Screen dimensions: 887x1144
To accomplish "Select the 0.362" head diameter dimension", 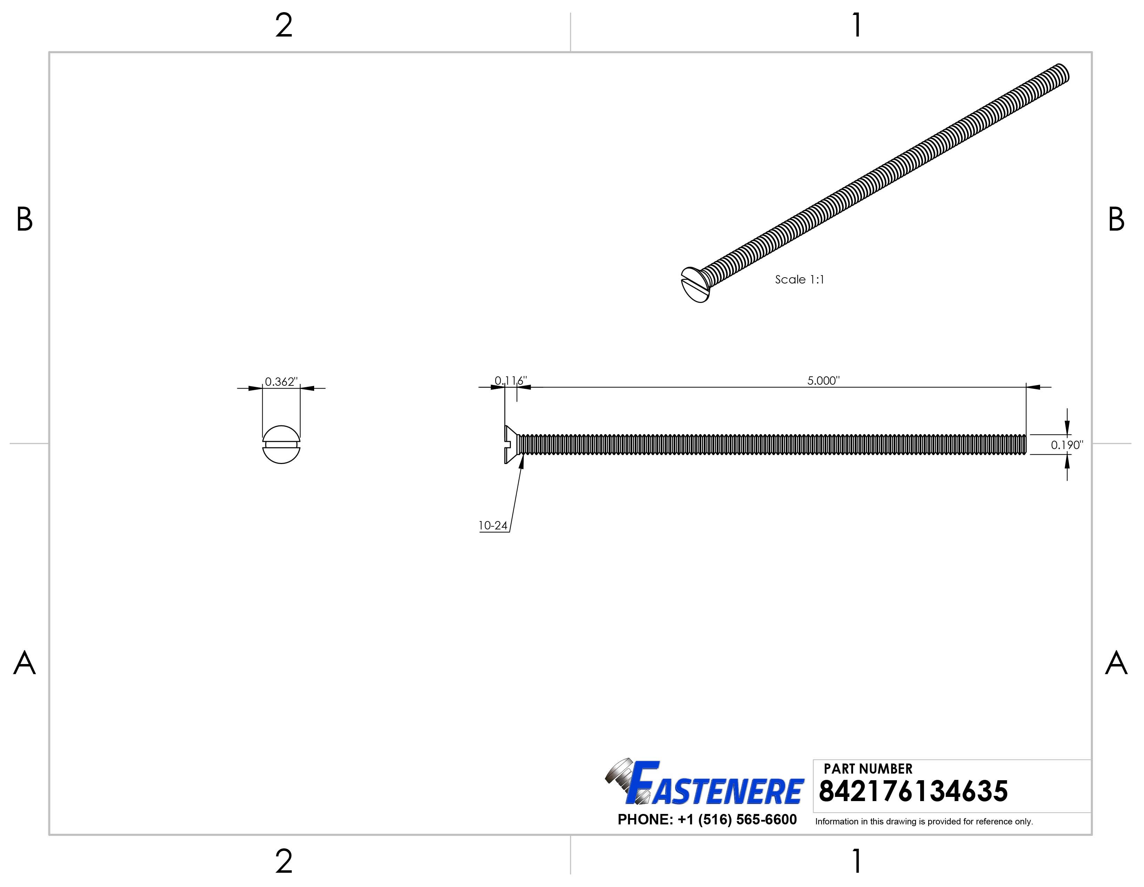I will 281,382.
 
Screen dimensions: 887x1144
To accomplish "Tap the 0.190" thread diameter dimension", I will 1067,445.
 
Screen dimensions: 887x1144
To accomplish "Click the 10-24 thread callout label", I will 493,526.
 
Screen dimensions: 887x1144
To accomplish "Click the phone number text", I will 707,820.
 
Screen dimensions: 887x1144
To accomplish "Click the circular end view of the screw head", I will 281,445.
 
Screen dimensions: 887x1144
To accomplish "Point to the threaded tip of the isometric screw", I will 1062,73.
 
